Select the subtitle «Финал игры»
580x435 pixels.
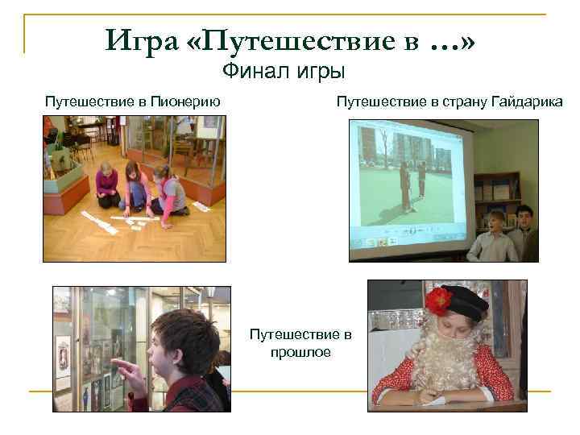point(283,72)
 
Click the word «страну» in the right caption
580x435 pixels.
point(454,101)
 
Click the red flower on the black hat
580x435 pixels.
point(438,302)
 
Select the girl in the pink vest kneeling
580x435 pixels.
point(169,193)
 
